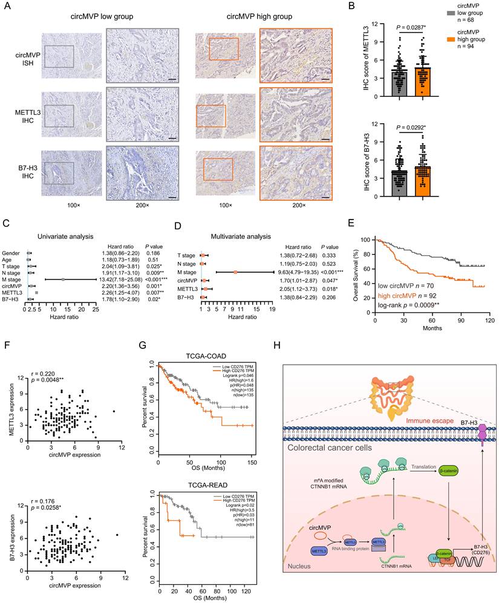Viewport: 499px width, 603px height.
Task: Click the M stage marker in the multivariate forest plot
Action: tap(235, 272)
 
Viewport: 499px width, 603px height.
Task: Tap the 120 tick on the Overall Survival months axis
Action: tap(488, 319)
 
